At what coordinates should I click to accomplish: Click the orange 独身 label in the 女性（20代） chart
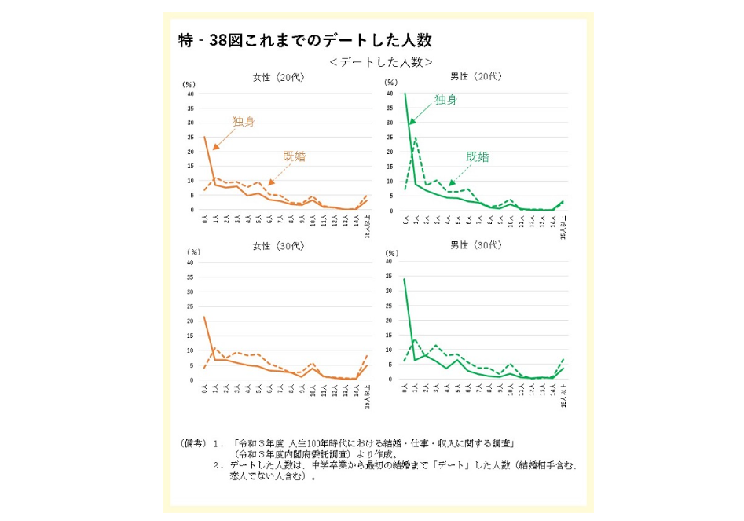click(x=243, y=122)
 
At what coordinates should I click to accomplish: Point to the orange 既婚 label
click(x=294, y=156)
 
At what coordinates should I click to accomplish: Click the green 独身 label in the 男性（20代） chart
click(x=445, y=100)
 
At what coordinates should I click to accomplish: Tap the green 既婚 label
click(x=478, y=156)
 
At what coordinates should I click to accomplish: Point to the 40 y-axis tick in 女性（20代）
click(x=190, y=94)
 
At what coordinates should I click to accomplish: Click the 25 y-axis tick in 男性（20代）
click(x=390, y=138)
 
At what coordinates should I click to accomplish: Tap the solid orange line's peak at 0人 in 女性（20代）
click(x=205, y=138)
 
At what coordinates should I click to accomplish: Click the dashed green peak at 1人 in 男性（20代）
click(x=415, y=138)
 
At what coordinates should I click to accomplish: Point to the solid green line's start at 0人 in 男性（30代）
click(x=405, y=279)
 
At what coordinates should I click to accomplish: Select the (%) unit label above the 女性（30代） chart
click(x=192, y=253)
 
